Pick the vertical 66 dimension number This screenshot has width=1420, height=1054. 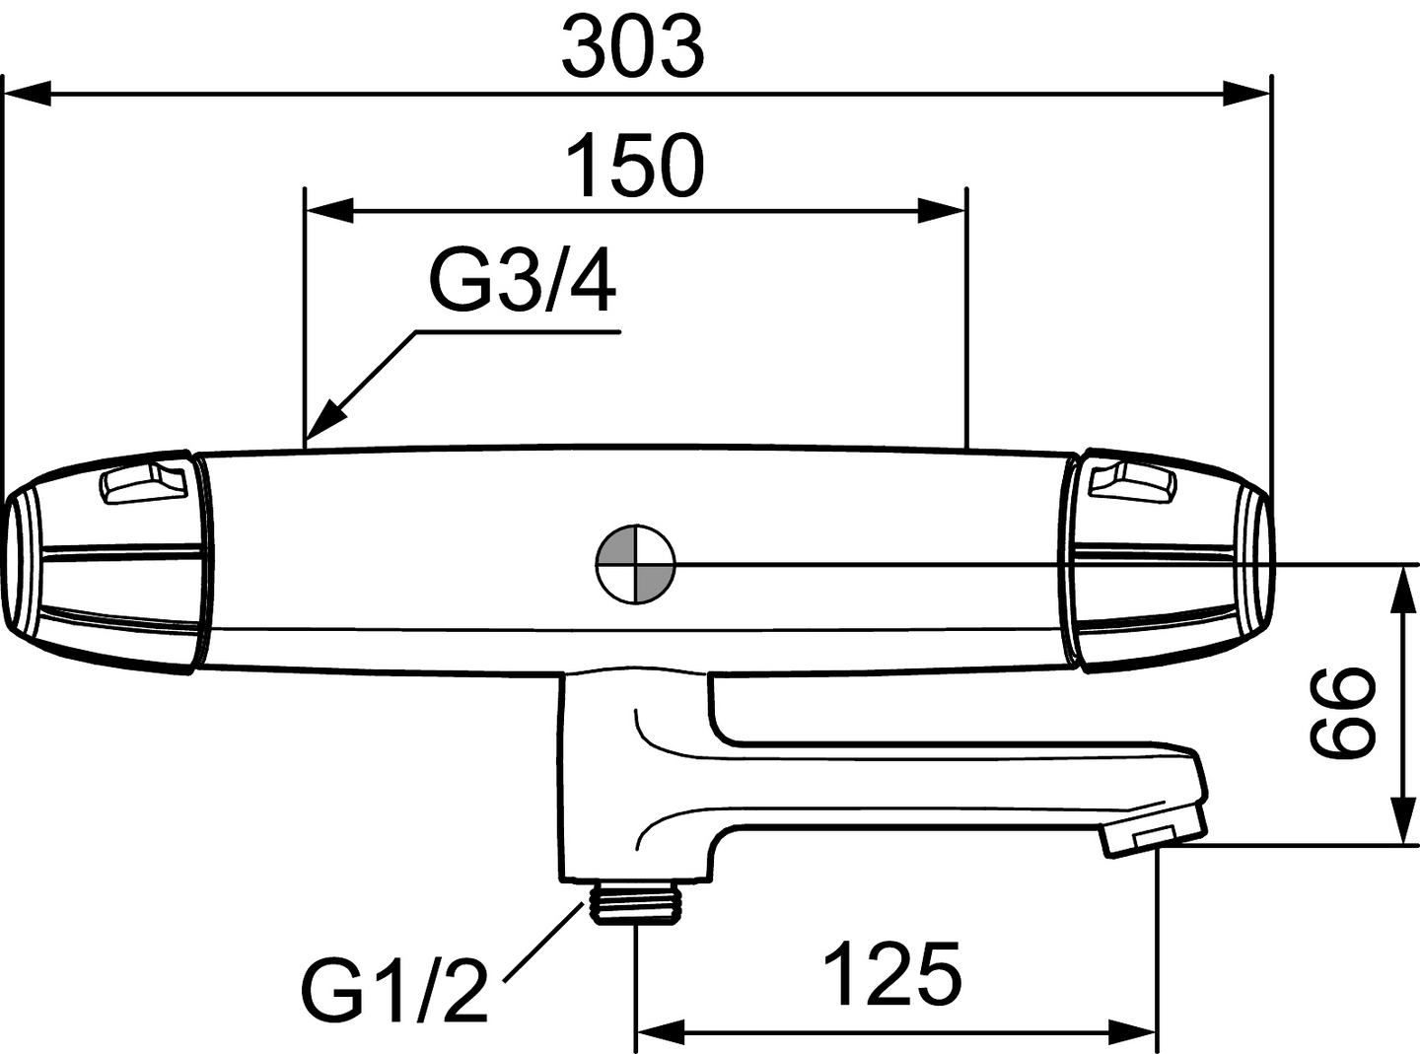click(1340, 710)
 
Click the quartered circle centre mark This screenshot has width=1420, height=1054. click(635, 564)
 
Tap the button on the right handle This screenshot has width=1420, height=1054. click(1133, 481)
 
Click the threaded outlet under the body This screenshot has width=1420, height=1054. click(634, 903)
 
